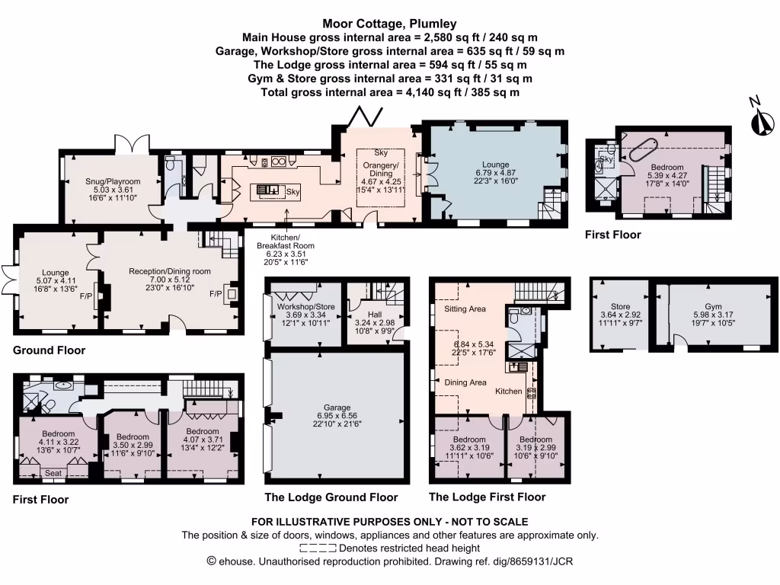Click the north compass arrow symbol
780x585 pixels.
759,121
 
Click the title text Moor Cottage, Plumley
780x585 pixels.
389,23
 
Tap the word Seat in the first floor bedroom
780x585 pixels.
53,473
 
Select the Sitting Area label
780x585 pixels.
465,309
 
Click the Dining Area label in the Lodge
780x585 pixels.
465,383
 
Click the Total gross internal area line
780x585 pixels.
389,92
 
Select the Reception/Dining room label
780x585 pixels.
170,271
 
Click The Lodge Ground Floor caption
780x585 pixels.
331,497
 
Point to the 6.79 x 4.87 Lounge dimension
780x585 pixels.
495,172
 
